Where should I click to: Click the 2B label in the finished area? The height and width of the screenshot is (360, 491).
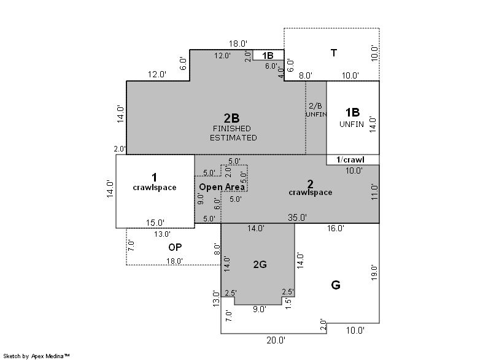point(232,118)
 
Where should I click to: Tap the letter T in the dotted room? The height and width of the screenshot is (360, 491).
point(334,53)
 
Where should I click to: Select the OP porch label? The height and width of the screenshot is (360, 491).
point(175,247)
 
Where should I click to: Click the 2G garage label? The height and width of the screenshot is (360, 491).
point(260,264)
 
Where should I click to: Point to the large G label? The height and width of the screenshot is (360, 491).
point(336,285)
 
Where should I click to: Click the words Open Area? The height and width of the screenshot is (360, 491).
point(222,187)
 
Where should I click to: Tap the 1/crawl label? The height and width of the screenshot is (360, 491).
point(350,160)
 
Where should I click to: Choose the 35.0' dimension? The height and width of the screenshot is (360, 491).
point(297,217)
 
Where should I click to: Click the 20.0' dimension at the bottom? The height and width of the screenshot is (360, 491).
point(276,340)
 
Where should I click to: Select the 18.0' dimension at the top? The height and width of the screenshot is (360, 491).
point(238,44)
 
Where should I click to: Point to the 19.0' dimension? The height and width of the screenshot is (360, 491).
point(374,272)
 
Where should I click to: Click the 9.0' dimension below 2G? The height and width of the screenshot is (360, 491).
point(260,309)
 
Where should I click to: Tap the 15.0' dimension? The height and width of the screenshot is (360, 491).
point(155,223)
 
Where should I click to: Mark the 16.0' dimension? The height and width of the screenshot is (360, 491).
point(335,228)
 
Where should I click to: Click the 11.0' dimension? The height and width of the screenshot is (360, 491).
point(374,192)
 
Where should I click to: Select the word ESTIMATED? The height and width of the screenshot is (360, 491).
point(233,137)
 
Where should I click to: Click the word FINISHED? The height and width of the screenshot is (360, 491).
point(232,129)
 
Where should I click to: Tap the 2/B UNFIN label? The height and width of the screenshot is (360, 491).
point(316,110)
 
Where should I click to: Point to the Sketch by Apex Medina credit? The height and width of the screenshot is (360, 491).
point(36,356)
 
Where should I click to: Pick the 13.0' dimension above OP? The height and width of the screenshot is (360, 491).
point(162,234)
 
